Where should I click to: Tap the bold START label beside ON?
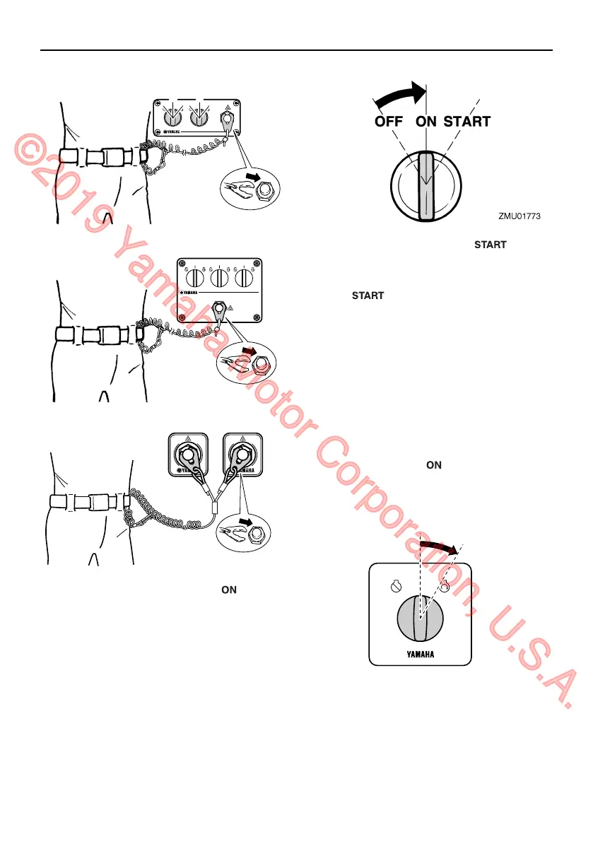[x=467, y=122]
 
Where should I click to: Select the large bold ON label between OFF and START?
[x=426, y=122]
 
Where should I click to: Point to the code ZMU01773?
[x=519, y=217]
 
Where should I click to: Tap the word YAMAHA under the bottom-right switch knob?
[x=420, y=654]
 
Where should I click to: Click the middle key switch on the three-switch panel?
[x=220, y=278]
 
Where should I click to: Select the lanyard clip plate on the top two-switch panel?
[x=228, y=124]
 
